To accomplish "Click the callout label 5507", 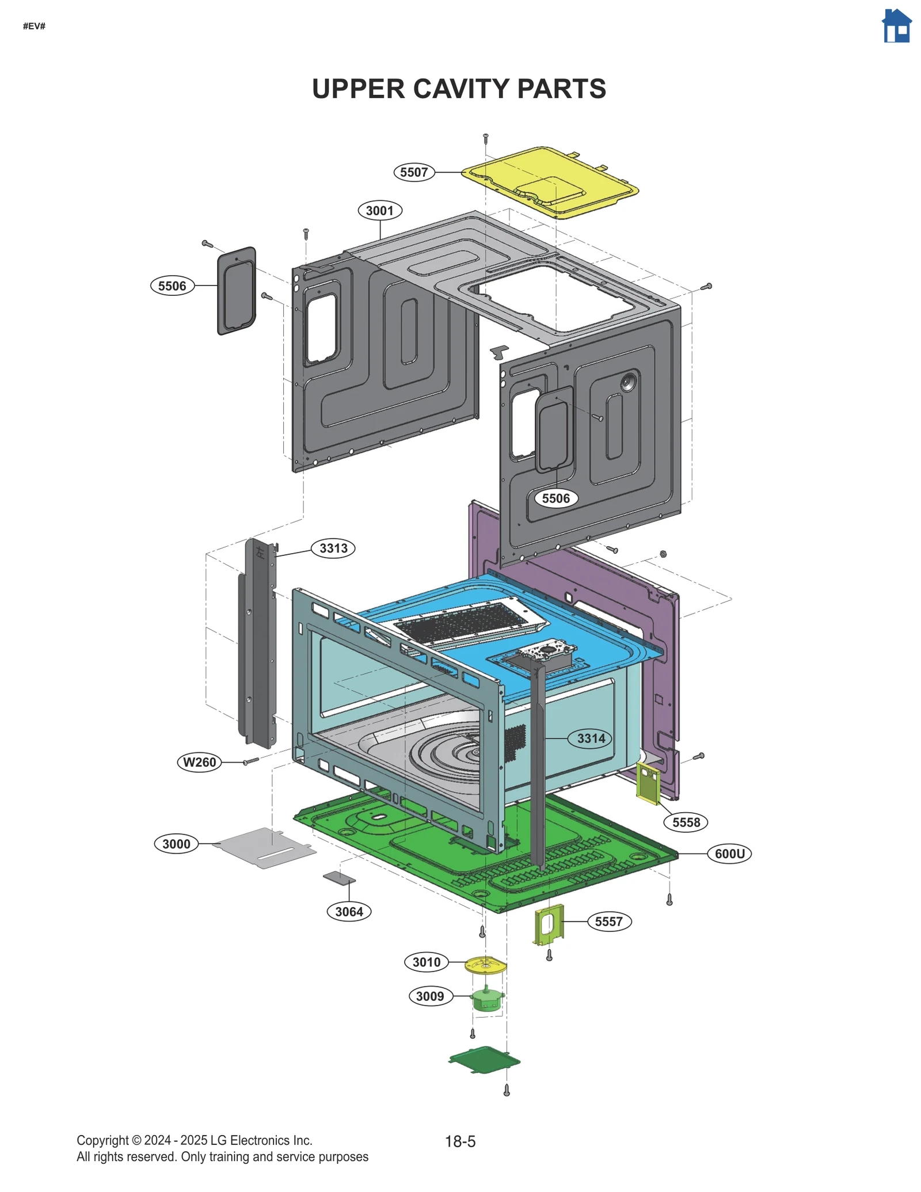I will (x=414, y=172).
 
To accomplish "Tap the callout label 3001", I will (x=380, y=211).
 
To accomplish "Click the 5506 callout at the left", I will (x=172, y=286).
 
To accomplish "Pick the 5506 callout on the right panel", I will (x=555, y=498).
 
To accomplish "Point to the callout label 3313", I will (x=333, y=548).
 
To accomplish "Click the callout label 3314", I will (x=591, y=738).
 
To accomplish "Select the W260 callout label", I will (x=199, y=762).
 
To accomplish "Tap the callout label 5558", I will (x=686, y=822).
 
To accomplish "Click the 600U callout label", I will (x=729, y=854).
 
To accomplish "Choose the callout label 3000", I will (x=176, y=844).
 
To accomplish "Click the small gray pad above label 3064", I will (x=339, y=878).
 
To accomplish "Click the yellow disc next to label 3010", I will (x=485, y=965).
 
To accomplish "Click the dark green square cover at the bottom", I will (x=485, y=1060).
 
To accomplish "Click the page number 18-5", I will (x=460, y=1141).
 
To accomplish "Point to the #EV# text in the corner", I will (x=34, y=26).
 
